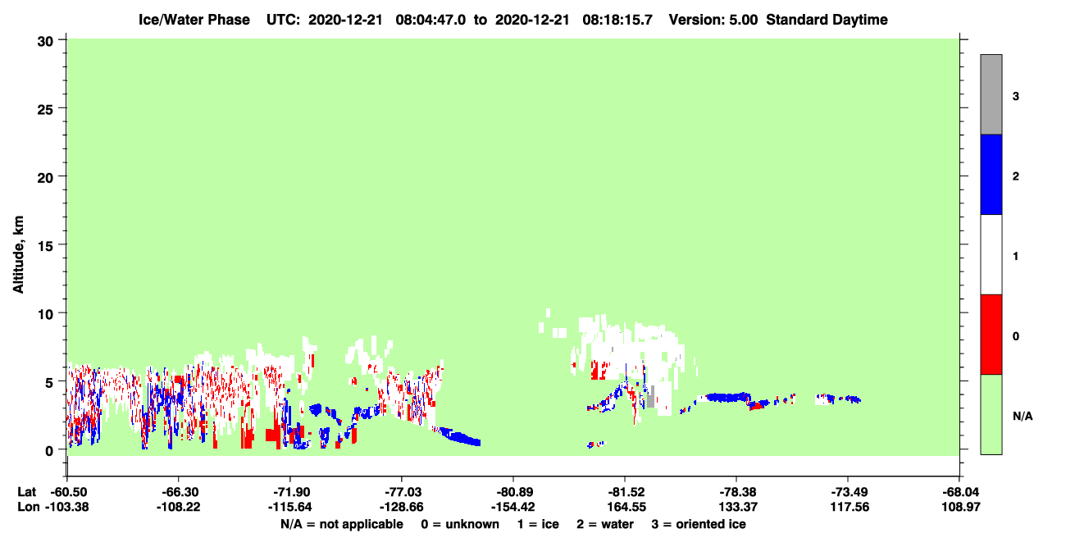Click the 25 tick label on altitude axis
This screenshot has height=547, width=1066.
[45, 110]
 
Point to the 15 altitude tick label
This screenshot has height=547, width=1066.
[45, 246]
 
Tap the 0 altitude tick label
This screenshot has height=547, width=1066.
[49, 451]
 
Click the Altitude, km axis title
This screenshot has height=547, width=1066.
[18, 255]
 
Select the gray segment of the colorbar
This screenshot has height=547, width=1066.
[991, 94]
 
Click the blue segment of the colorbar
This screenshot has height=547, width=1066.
[991, 174]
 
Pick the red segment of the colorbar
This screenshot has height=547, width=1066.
[991, 335]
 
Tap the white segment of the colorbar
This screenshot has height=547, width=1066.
[991, 254]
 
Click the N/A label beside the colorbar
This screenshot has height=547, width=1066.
[1023, 417]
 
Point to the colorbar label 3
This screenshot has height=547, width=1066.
[1015, 96]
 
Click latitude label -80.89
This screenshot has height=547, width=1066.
[513, 492]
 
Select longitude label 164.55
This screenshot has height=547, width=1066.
[626, 507]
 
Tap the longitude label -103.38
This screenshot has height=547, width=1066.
[67, 507]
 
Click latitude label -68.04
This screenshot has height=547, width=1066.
[961, 492]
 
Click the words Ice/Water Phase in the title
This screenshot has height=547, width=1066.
[194, 20]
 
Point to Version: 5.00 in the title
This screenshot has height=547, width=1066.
[713, 20]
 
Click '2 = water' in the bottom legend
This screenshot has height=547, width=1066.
[605, 524]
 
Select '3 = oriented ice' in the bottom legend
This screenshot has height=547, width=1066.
[699, 524]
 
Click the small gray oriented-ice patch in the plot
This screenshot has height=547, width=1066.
[650, 397]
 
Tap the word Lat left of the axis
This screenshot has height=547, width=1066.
[26, 492]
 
